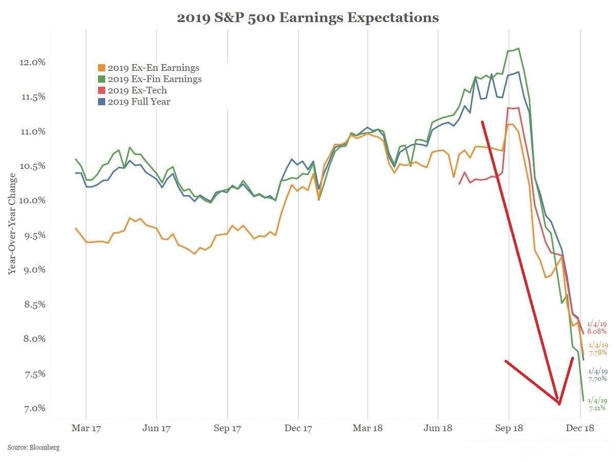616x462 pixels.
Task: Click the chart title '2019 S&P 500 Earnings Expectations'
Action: [307, 18]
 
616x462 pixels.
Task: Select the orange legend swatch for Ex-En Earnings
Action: [102, 68]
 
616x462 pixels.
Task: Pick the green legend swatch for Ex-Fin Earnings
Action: [102, 79]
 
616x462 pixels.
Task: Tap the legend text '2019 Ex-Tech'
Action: [137, 90]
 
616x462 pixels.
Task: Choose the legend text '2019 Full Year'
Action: [139, 102]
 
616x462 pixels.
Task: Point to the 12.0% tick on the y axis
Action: [33, 62]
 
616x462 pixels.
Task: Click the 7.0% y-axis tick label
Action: [35, 409]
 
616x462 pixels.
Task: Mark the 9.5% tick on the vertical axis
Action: [35, 236]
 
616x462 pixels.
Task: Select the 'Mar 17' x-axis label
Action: [86, 428]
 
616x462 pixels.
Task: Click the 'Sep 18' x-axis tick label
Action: [509, 428]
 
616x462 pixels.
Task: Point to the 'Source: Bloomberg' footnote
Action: [33, 448]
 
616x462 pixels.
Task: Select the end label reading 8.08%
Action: [598, 332]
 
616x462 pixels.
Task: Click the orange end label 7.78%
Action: [598, 353]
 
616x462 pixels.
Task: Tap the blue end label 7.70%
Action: [598, 378]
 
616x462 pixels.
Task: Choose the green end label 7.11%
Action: [598, 408]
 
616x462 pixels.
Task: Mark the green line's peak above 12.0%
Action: [518, 48]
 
